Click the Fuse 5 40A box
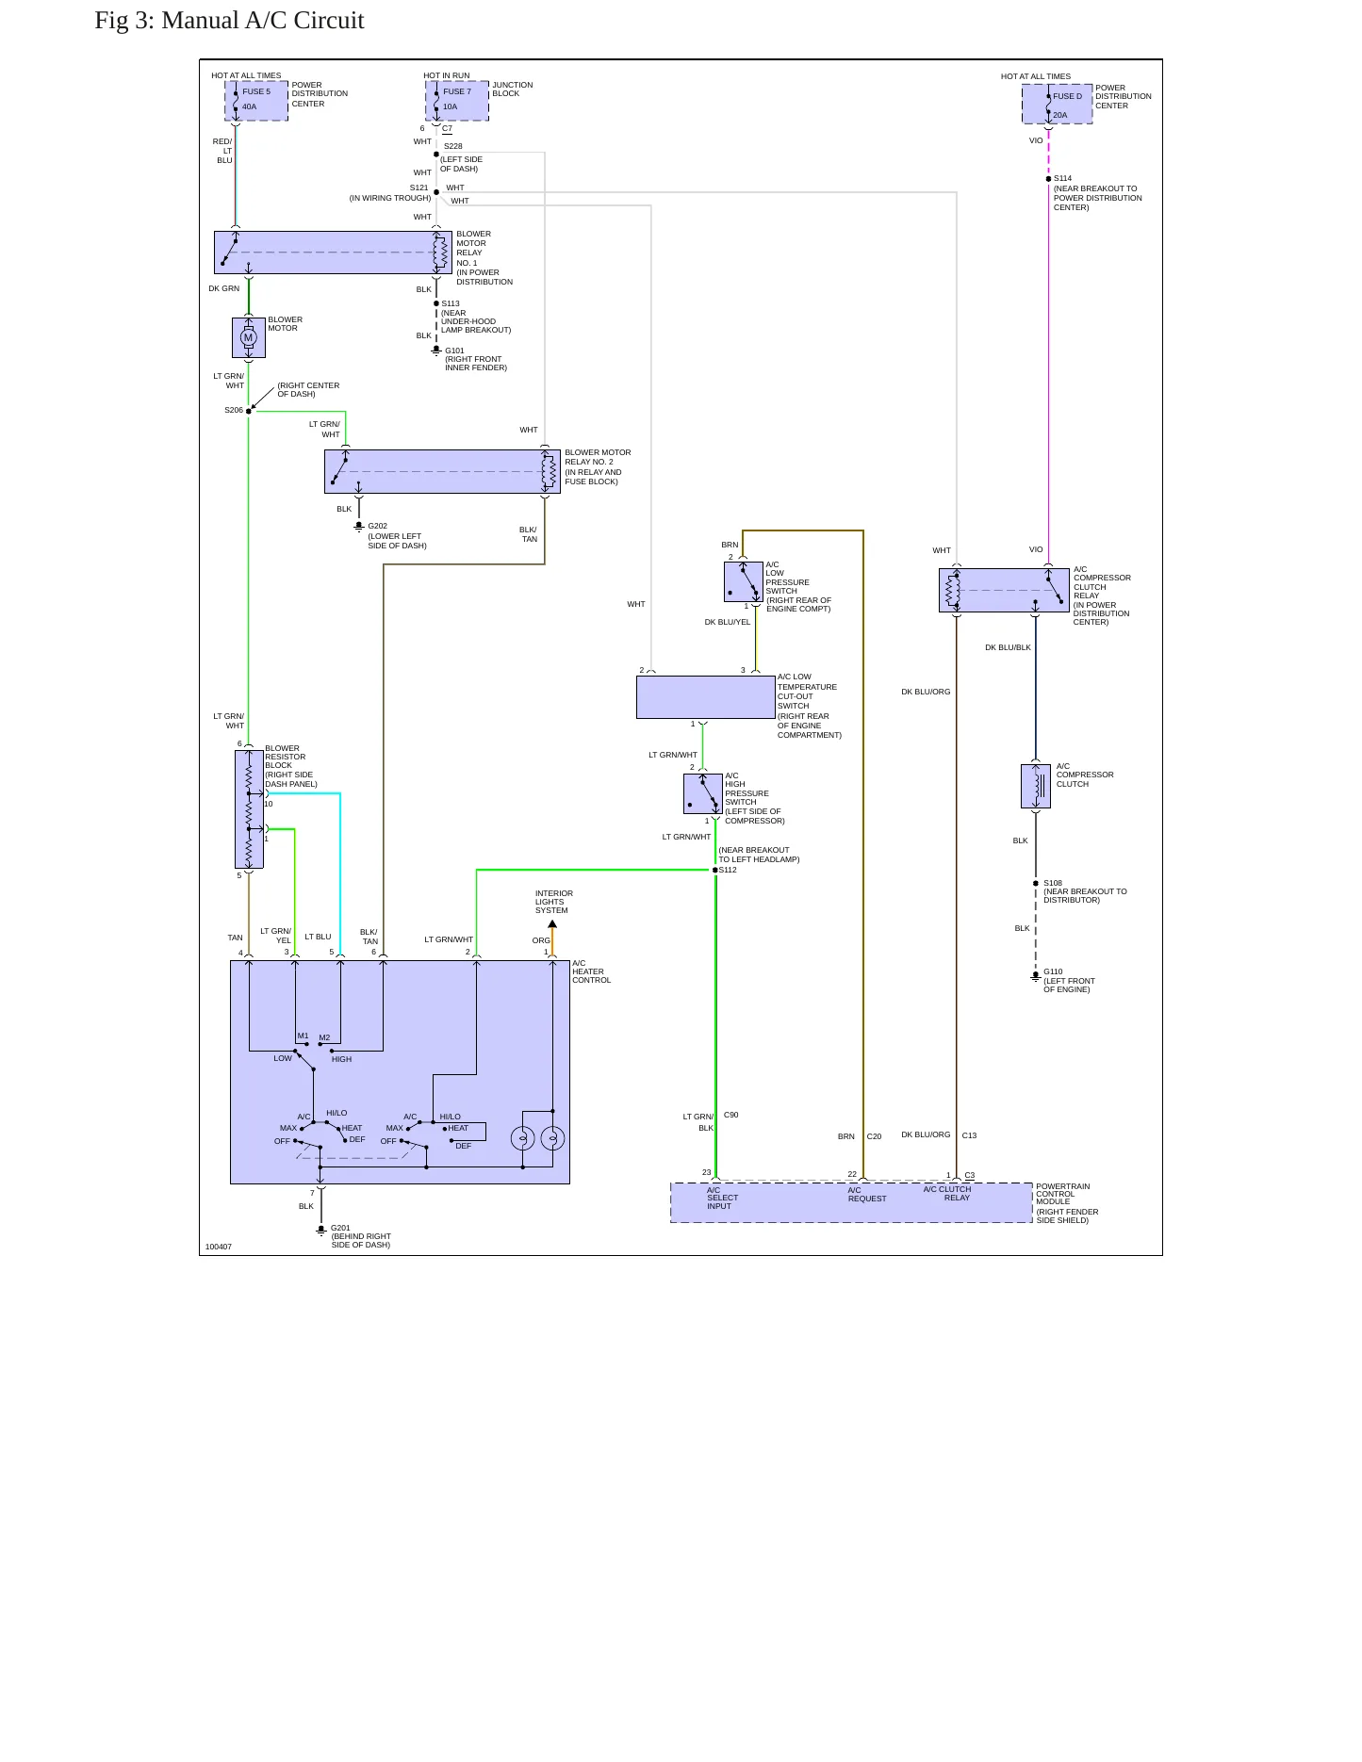tap(256, 101)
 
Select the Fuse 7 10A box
tap(457, 101)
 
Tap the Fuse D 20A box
tap(1058, 104)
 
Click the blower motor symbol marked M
tap(249, 337)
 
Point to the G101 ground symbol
tap(435, 351)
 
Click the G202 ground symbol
tap(358, 526)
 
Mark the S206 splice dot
tap(249, 411)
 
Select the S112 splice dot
tap(715, 870)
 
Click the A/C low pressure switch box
tap(744, 581)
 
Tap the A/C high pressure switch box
tap(703, 793)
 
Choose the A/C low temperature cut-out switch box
tap(706, 697)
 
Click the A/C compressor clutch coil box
tap(1036, 786)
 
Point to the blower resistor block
tap(249, 808)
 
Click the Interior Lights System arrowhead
tap(552, 924)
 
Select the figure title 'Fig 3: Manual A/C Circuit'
tap(229, 21)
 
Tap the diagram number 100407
tap(219, 1247)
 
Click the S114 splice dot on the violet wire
tap(1048, 179)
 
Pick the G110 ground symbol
tap(1036, 976)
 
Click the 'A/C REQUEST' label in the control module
tap(867, 1195)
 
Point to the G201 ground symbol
tap(320, 1229)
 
